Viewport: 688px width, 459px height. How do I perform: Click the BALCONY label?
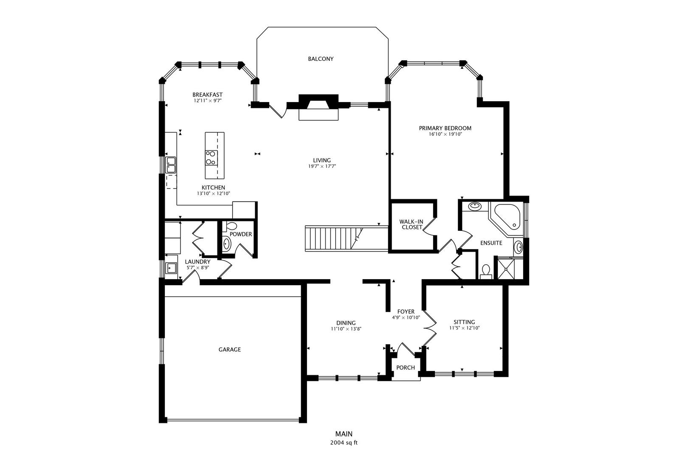[x=321, y=59]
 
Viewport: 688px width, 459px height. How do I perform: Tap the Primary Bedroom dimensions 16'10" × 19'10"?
[x=445, y=134]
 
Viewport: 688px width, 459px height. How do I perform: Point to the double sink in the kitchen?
[x=171, y=165]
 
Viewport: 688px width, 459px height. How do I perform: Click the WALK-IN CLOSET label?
[x=411, y=224]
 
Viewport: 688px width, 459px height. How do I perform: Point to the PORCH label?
[x=405, y=368]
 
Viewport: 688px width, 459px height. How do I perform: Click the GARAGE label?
[x=230, y=350]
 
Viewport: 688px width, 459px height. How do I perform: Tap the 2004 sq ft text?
[x=344, y=443]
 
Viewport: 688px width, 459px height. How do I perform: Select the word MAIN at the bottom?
[x=344, y=434]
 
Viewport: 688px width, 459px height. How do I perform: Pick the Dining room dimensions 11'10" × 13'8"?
[x=346, y=329]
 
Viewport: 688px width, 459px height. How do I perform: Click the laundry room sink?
[x=172, y=268]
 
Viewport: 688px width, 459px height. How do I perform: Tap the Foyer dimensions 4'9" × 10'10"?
[x=406, y=317]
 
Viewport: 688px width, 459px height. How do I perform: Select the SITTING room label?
[x=464, y=322]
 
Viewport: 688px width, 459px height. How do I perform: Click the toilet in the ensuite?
[x=486, y=271]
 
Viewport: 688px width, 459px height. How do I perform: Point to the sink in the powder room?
[x=227, y=244]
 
